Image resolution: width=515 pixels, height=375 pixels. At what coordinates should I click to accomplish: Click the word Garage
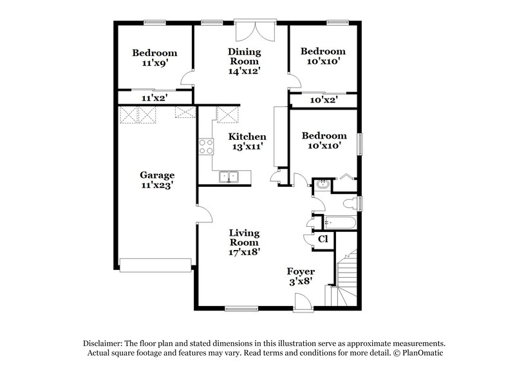tap(158, 175)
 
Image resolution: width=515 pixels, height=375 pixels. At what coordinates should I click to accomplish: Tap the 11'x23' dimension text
tap(158, 185)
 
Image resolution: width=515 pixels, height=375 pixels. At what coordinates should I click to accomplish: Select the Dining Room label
tap(244, 56)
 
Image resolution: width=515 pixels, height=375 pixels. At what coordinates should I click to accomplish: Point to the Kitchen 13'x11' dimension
tap(248, 147)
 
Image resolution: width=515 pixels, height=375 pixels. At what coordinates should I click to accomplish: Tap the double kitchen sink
tap(228, 177)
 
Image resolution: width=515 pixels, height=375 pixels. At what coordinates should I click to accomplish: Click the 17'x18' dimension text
tap(244, 253)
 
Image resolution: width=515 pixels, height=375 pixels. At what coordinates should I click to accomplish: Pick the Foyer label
tap(300, 271)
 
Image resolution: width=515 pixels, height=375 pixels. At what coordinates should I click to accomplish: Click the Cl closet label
tap(324, 239)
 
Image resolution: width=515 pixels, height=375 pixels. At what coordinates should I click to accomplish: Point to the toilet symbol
tap(350, 204)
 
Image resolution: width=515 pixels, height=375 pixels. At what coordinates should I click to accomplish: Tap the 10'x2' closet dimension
tap(323, 100)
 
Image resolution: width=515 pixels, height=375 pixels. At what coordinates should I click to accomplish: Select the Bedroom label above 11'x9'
tap(154, 53)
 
